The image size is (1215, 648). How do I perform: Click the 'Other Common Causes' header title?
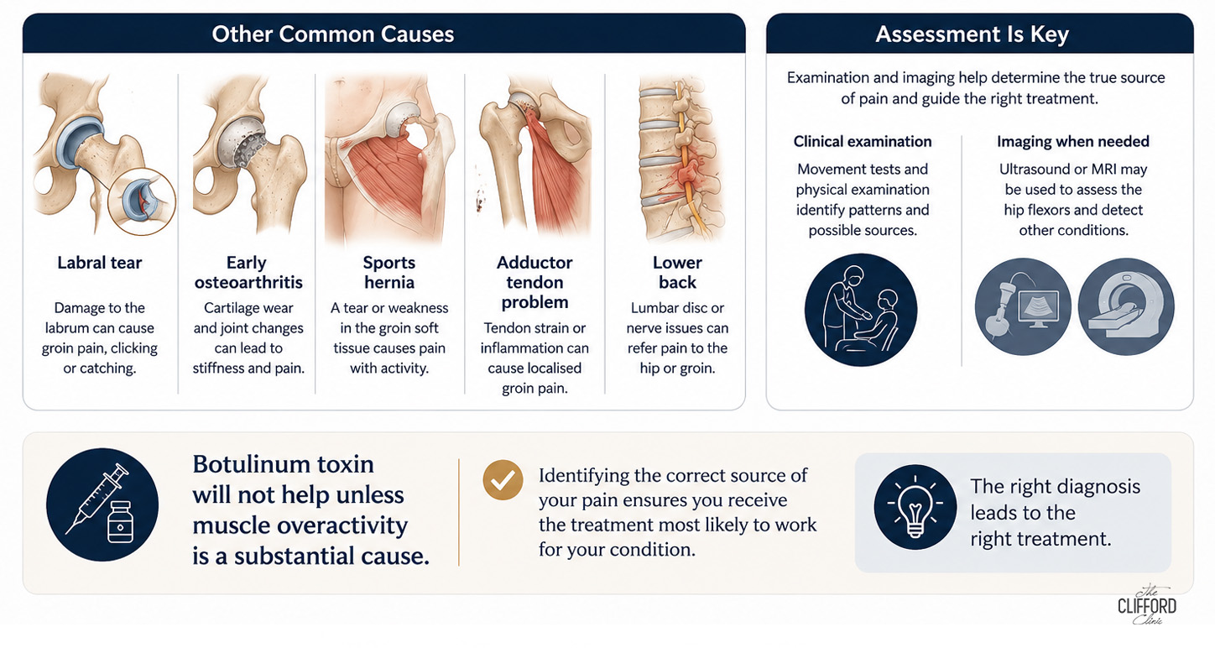coord(332,34)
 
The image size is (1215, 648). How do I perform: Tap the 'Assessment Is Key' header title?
coord(972,34)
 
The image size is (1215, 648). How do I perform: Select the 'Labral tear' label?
coord(100,263)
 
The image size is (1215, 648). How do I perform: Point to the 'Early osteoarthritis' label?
coord(248,273)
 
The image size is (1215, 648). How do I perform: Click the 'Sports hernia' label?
coord(388,273)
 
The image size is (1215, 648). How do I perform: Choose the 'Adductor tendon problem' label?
coord(534,282)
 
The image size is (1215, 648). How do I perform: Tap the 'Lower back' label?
coord(677,273)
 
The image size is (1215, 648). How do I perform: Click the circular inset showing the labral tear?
coord(142,201)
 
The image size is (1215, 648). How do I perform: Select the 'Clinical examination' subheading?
coord(863,142)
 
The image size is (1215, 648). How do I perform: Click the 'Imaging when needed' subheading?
coord(1073,142)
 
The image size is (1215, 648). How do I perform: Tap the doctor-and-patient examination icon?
coord(861,310)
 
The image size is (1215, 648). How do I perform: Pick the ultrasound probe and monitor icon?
coord(1023,306)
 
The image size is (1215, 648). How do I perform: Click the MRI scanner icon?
coord(1126,306)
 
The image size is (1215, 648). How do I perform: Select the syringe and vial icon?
coord(102,504)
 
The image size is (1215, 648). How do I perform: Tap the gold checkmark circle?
coord(503,480)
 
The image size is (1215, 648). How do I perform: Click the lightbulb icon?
coord(915,507)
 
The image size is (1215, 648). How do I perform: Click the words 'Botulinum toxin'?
coord(283,464)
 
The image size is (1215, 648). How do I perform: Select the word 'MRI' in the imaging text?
coord(1103,170)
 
